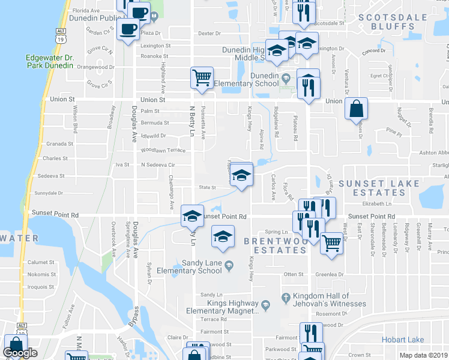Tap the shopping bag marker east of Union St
(x=356, y=109)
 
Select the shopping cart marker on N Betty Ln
(x=202, y=77)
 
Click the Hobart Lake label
(x=403, y=340)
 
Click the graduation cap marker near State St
(x=241, y=175)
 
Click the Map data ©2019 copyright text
(x=423, y=355)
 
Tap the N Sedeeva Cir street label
(x=157, y=164)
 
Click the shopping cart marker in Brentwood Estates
(x=331, y=244)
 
